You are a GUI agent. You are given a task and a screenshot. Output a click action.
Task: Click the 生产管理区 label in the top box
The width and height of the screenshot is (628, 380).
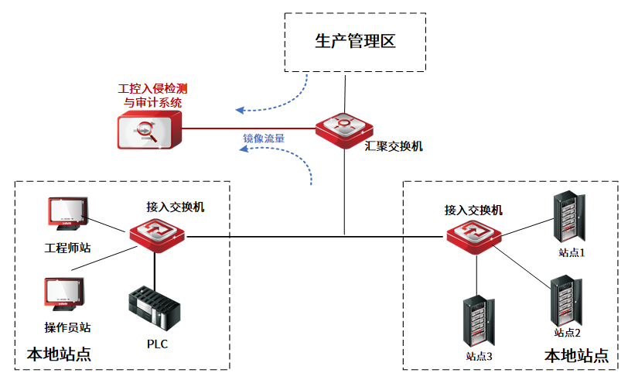click(x=356, y=41)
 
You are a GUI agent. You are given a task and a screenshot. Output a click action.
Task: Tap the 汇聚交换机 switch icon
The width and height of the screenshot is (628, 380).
click(x=343, y=127)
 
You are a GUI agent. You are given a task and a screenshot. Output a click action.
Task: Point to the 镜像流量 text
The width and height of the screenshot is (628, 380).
click(x=264, y=139)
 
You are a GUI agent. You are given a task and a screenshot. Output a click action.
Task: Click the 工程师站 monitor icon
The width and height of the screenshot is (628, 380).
click(x=67, y=214)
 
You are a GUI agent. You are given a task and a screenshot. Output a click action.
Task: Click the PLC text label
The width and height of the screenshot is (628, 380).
click(x=157, y=344)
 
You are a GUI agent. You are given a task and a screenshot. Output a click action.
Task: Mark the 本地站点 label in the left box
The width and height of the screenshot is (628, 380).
click(x=59, y=354)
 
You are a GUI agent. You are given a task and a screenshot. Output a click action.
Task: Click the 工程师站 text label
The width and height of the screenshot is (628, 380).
click(x=68, y=248)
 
